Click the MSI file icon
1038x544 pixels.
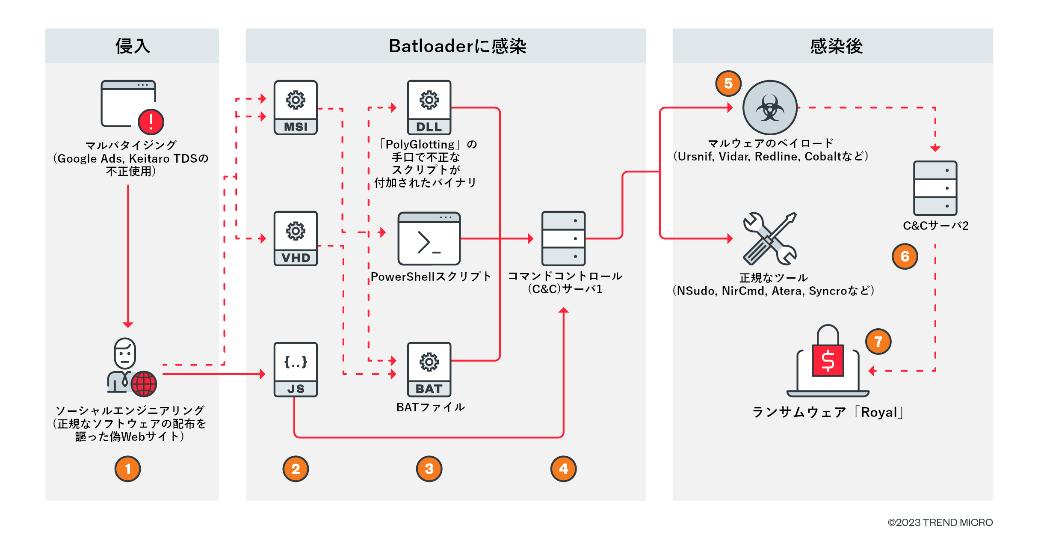[296, 107]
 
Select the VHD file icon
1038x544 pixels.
[296, 238]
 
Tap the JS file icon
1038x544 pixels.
[296, 369]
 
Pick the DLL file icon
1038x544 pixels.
[429, 107]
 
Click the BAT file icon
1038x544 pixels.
[429, 369]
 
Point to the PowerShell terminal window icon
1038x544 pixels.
[429, 238]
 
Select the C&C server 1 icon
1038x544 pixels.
[563, 238]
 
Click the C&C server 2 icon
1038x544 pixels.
[935, 188]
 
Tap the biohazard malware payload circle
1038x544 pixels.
[770, 107]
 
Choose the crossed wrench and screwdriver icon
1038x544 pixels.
[770, 238]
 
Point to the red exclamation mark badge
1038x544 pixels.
[151, 122]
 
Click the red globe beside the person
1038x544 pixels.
[144, 383]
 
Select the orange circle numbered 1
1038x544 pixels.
[127, 469]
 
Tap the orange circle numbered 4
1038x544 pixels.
[563, 469]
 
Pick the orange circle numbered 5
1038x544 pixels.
[728, 83]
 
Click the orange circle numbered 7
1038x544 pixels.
[878, 342]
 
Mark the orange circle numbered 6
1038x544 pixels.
[905, 256]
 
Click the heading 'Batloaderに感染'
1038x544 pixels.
[457, 46]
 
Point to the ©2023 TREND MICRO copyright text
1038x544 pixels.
[940, 523]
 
